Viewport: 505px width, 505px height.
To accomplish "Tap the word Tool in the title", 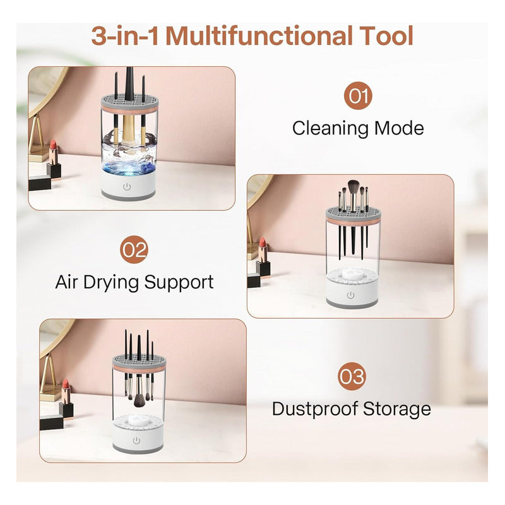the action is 386,36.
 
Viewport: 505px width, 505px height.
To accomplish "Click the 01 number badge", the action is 358,96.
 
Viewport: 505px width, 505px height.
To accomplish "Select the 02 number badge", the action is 134,249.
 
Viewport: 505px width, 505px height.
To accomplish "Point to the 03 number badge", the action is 352,376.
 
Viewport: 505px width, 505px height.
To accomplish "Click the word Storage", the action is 397,410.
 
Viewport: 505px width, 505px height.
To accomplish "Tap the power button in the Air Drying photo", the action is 350,295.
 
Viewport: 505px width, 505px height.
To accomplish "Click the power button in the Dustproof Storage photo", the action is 136,441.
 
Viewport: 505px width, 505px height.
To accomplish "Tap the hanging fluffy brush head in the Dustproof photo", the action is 140,400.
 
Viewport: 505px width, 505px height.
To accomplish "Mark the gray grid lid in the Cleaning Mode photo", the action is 130,101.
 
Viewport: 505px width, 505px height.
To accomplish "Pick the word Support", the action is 179,282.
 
